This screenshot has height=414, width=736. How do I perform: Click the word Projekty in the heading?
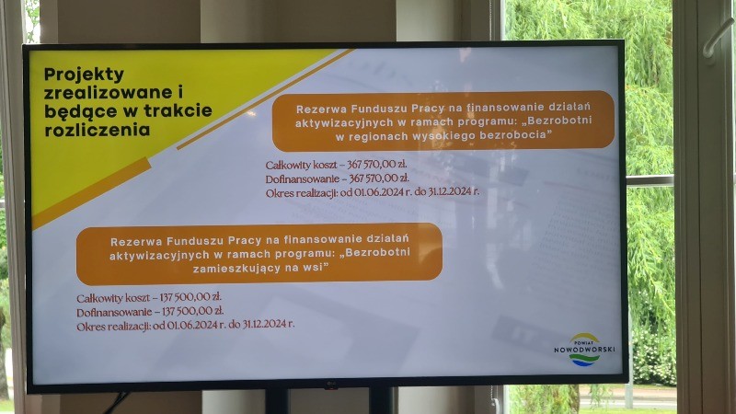pyautogui.click(x=84, y=75)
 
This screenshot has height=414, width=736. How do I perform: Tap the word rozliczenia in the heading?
pyautogui.click(x=98, y=130)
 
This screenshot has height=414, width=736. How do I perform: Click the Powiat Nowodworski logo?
pyautogui.click(x=584, y=350)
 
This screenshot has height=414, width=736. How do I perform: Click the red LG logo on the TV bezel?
pyautogui.click(x=331, y=386)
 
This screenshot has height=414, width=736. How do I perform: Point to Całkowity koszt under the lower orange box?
pyautogui.click(x=113, y=297)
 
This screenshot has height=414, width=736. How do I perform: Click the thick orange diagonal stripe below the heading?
pyautogui.click(x=91, y=193)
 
